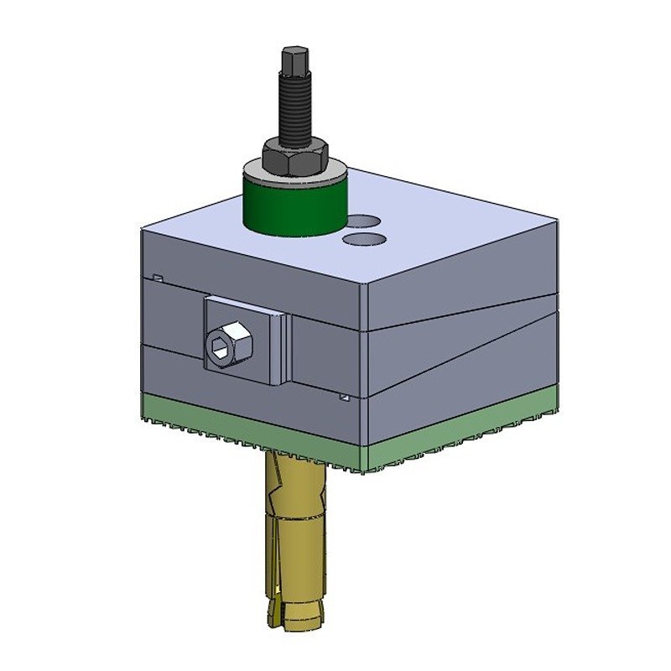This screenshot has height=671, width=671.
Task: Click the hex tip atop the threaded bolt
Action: pos(293,62)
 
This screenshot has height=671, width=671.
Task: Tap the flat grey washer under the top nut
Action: pos(331,172)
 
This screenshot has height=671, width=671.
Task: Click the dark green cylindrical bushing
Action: pos(294,205)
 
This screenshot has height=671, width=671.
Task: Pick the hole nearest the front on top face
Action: pos(366,240)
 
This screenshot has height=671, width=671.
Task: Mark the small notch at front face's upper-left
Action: pos(157,278)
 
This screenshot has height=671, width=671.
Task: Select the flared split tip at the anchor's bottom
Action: pos(294,616)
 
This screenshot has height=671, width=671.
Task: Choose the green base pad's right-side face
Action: pos(461,424)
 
